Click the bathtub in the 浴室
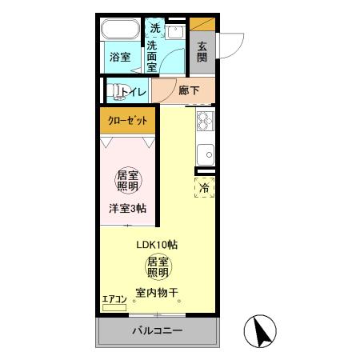click(122, 32)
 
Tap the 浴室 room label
click(119, 57)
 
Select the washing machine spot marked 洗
click(155, 29)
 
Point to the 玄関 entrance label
click(202, 52)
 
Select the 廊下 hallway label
click(190, 91)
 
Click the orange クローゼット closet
click(128, 121)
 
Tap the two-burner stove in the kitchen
click(204, 122)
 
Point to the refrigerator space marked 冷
click(204, 188)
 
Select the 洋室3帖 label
click(128, 208)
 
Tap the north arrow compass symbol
click(261, 330)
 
